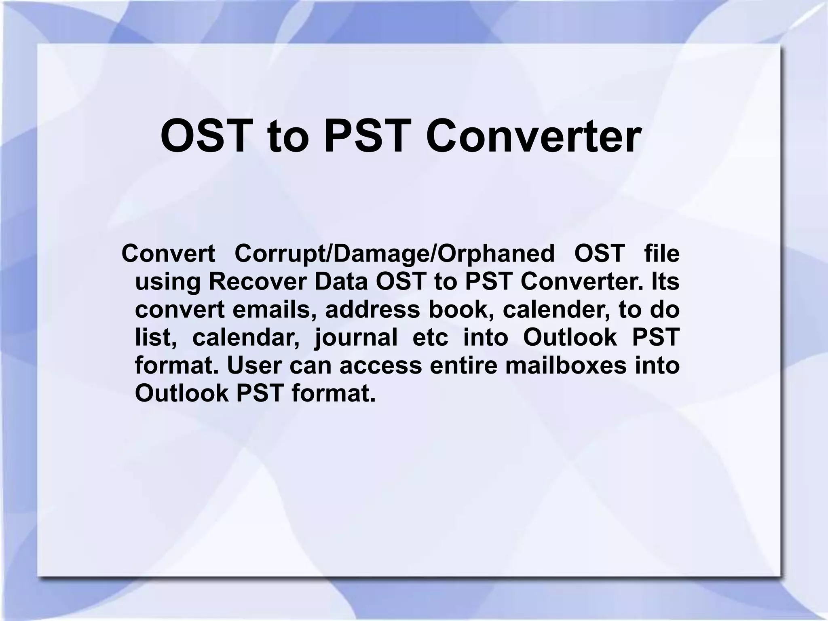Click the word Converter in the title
pos(533,136)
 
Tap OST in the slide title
pos(204,136)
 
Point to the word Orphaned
pos(497,254)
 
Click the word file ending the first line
pos(662,254)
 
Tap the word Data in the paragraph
pos(341,282)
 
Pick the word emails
pos(274,310)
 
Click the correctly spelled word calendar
pos(246,338)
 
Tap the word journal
pos(356,338)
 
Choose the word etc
pos(430,338)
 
